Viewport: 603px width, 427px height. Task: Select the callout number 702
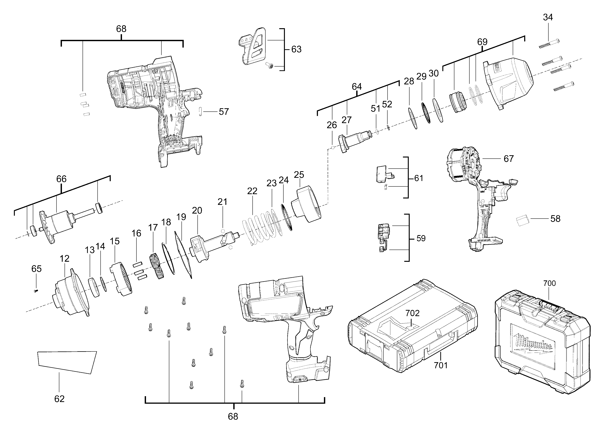[412, 313]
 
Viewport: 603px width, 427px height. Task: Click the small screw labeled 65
[36, 291]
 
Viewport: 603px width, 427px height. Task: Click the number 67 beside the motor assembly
[508, 159]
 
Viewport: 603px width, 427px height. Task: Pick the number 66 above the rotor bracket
[61, 179]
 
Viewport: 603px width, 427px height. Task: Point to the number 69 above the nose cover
[482, 42]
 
